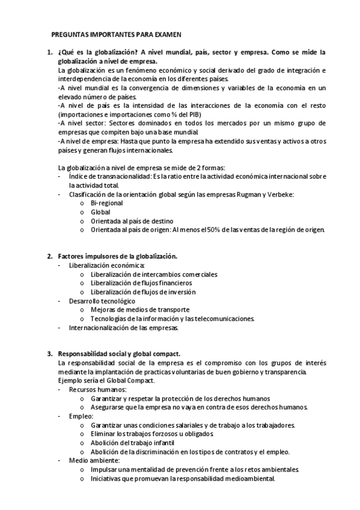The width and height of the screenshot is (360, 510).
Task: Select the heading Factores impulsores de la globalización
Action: [117, 256]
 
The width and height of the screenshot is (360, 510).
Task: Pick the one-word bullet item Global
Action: [100, 212]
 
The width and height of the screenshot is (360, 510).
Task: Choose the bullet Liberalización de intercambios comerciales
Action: [154, 274]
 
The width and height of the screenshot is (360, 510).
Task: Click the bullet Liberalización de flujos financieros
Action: [141, 283]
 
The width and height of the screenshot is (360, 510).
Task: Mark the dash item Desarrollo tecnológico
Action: [102, 301]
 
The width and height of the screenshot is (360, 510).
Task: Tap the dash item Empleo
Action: [81, 416]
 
